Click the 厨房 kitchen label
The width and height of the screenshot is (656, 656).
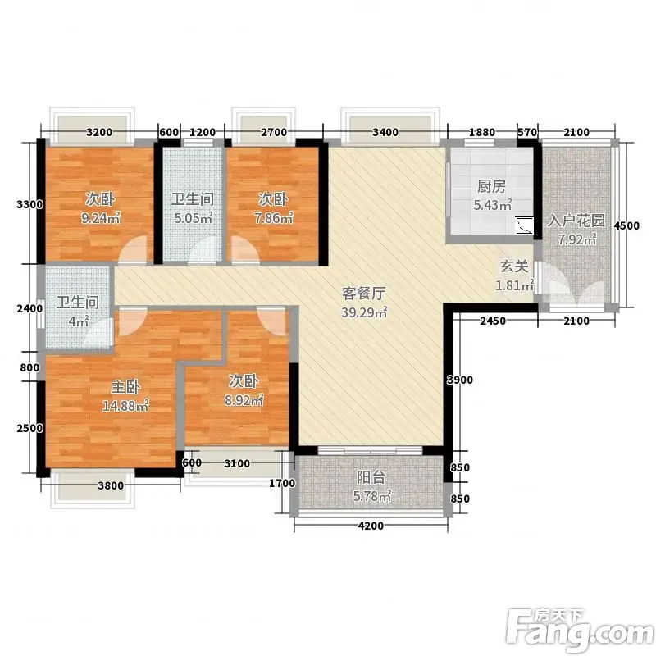click(x=491, y=187)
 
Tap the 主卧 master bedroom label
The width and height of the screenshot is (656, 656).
click(x=125, y=387)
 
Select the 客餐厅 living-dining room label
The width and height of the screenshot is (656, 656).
click(x=363, y=294)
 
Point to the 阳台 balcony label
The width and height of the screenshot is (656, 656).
click(x=371, y=477)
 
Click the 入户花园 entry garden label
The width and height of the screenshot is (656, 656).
click(x=576, y=221)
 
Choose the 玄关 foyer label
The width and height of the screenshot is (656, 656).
click(x=514, y=266)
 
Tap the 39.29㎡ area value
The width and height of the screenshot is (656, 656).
click(x=364, y=312)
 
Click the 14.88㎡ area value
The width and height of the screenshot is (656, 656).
click(x=125, y=406)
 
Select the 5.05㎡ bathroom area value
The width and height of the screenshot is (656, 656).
click(x=194, y=218)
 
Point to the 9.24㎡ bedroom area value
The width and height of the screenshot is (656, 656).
click(x=100, y=218)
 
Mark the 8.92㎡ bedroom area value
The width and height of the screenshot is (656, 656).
click(x=244, y=400)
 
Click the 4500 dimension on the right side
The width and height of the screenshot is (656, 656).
click(x=626, y=226)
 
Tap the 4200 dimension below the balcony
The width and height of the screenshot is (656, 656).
click(x=371, y=526)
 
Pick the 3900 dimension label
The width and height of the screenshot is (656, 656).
click(x=460, y=380)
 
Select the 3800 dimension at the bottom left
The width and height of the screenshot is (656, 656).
click(x=111, y=485)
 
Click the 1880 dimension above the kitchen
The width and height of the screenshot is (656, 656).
click(x=482, y=133)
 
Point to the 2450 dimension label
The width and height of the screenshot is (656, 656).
click(x=493, y=321)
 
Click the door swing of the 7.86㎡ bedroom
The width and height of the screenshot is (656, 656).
click(x=244, y=250)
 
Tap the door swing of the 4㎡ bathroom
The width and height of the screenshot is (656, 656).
click(x=99, y=334)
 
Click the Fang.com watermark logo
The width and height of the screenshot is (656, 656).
click(x=581, y=627)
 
